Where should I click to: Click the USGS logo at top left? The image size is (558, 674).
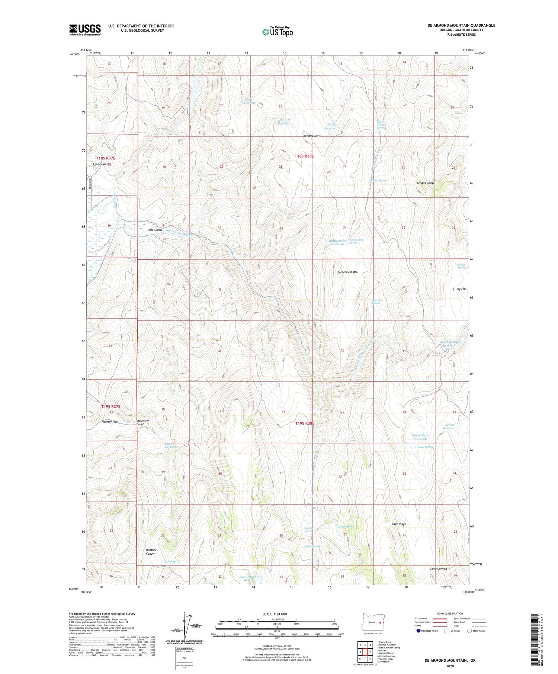click(x=85, y=30)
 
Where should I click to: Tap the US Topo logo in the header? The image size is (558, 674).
click(x=278, y=32)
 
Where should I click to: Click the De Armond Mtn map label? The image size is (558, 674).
click(x=347, y=272)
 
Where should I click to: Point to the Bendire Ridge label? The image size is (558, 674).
click(x=425, y=183)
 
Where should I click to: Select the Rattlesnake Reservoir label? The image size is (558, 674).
click(x=337, y=242)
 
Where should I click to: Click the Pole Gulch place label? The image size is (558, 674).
click(x=155, y=230)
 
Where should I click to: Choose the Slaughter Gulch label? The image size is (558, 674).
click(x=143, y=422)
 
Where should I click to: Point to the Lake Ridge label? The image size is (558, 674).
click(x=399, y=524)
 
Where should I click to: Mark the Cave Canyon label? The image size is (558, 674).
click(x=438, y=568)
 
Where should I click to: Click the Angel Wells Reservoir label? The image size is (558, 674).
click(x=420, y=437)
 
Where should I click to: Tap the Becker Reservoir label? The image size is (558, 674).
click(x=450, y=426)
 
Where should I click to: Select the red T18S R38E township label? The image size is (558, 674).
click(x=304, y=156)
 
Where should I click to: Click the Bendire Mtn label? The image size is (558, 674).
click(x=311, y=136)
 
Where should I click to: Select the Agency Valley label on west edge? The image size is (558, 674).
click(x=100, y=164)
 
